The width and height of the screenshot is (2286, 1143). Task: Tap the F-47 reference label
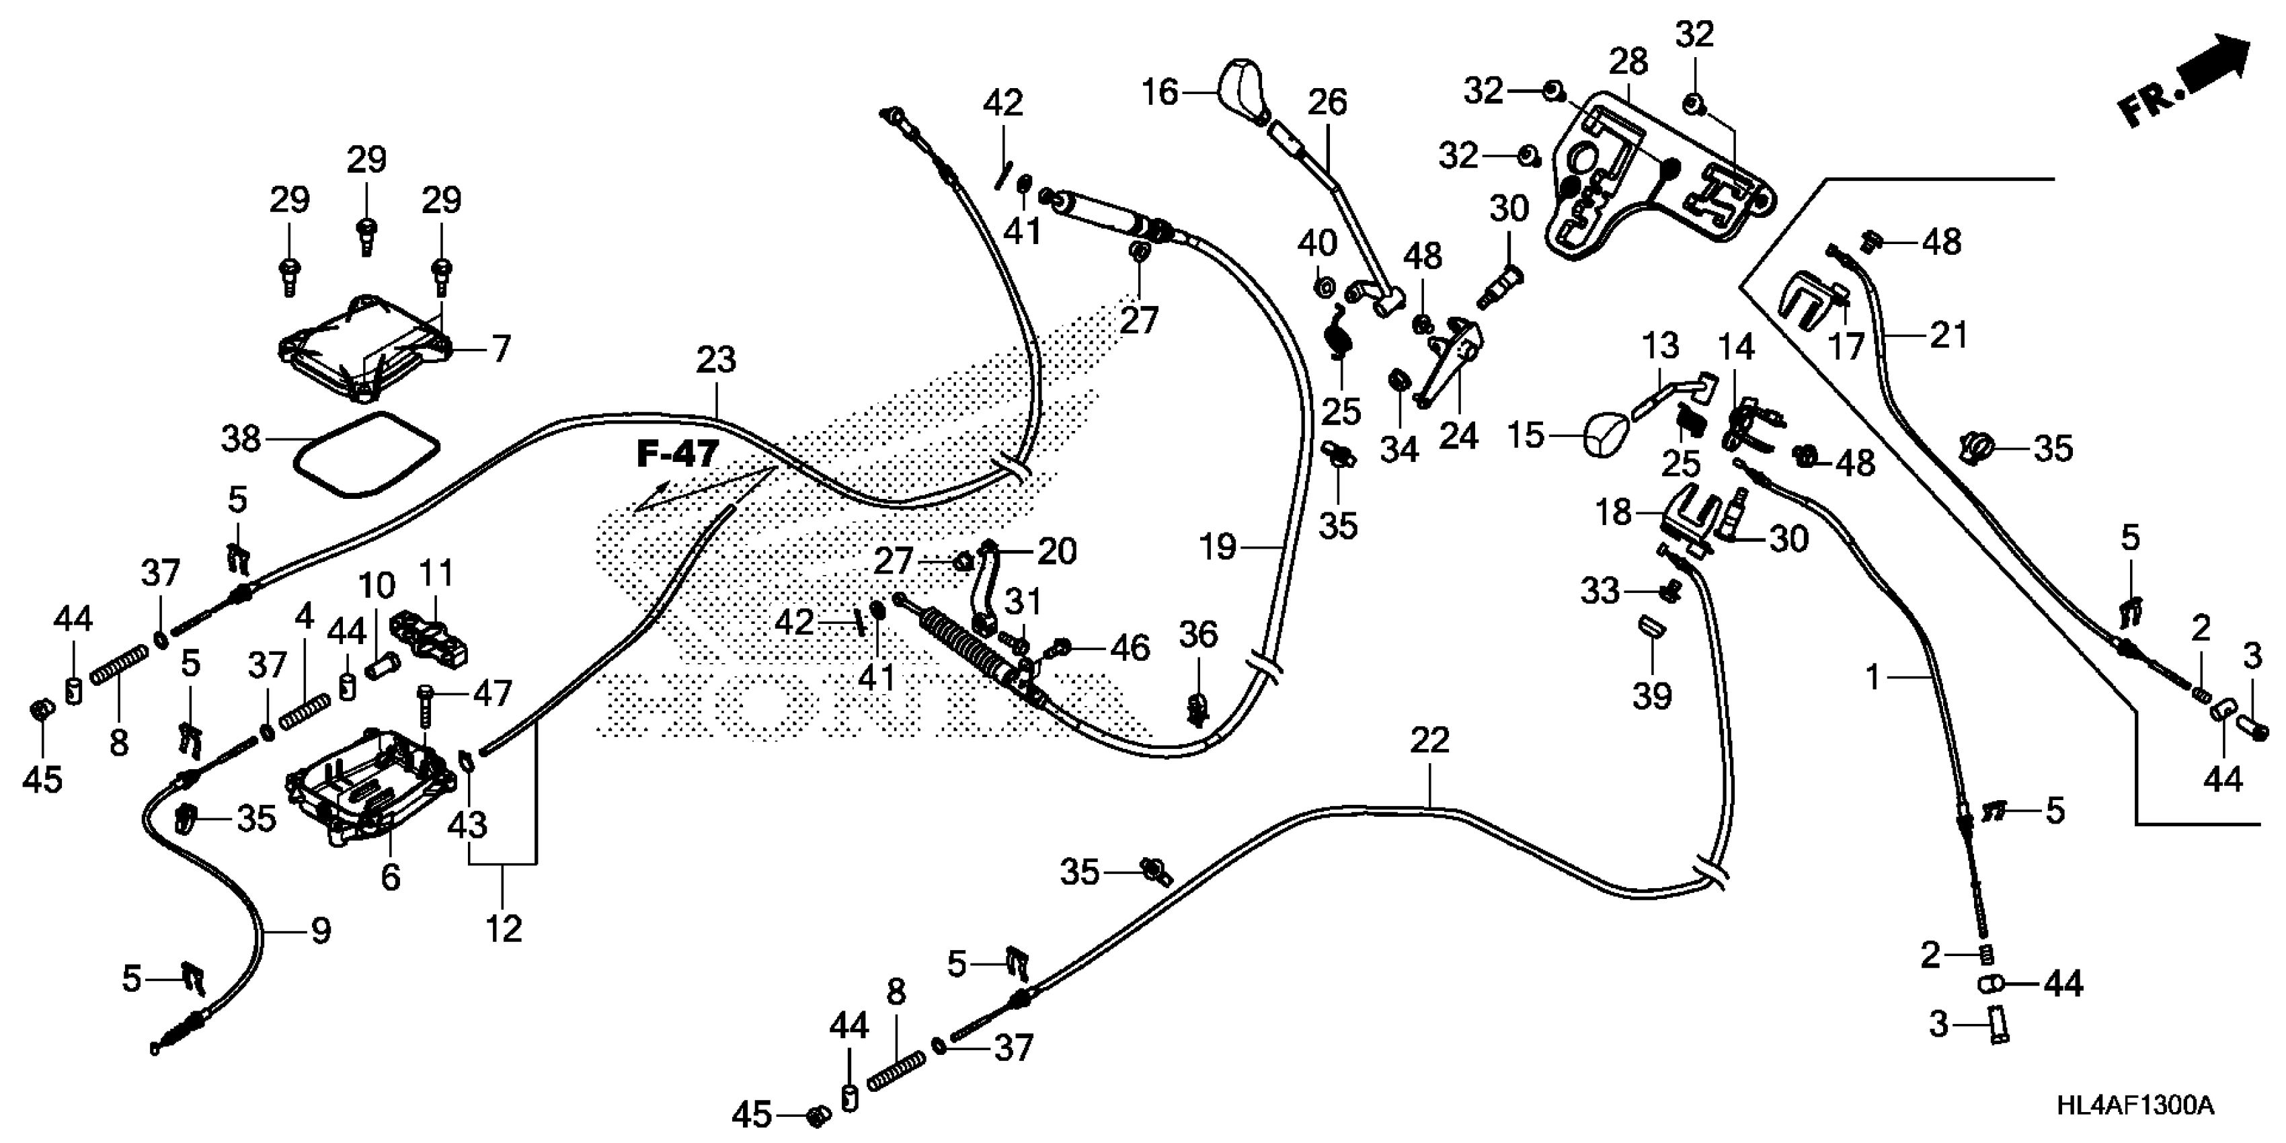tap(676, 455)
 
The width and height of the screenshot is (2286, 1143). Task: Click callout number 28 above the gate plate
tap(1628, 62)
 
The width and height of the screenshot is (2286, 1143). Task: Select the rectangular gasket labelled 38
tap(366, 452)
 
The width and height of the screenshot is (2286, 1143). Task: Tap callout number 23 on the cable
tap(715, 360)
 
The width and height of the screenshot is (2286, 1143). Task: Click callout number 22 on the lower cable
tap(1429, 741)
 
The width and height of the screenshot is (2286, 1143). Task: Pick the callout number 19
tap(1218, 547)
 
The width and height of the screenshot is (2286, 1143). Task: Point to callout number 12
tap(503, 929)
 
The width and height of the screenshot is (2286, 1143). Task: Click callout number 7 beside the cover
tap(502, 349)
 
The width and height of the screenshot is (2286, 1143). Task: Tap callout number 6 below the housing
tap(391, 877)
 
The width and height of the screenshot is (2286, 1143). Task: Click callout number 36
tap(1198, 635)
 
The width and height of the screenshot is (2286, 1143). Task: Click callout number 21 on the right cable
tap(1948, 336)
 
